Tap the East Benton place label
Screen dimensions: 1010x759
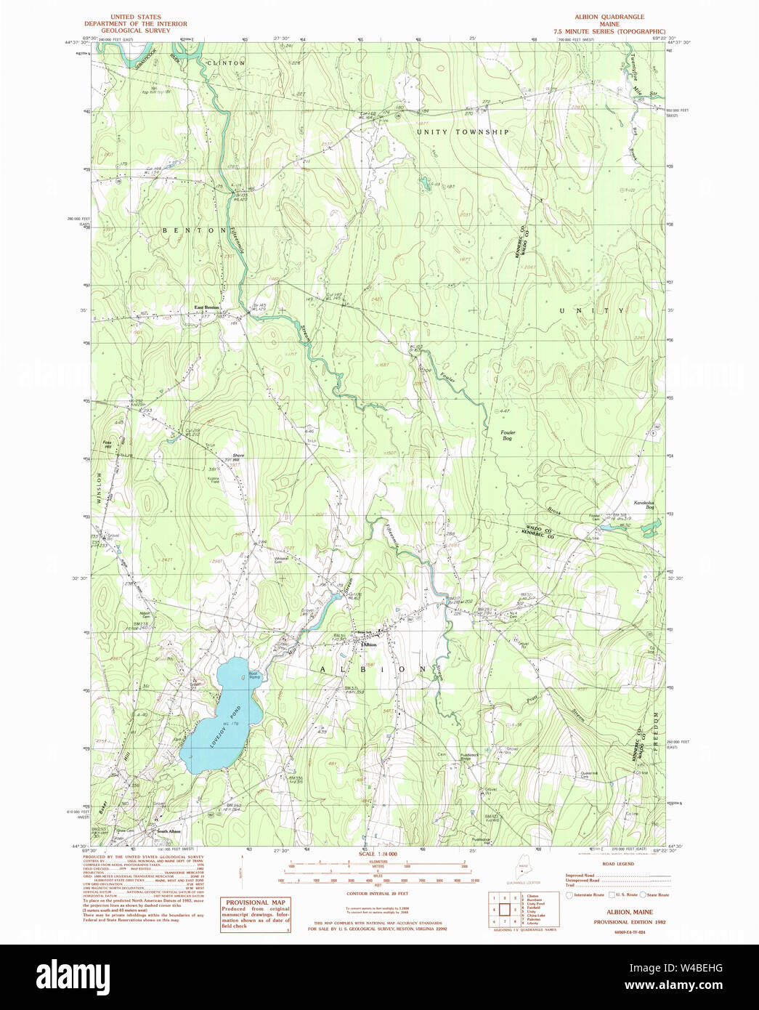coord(207,307)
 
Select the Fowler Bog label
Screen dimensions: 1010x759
coord(507,435)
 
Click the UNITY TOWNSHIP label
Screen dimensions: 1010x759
coord(463,132)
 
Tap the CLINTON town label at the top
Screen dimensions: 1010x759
coord(227,63)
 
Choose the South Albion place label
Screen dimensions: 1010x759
coord(169,831)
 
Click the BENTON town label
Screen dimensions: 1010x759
coord(194,230)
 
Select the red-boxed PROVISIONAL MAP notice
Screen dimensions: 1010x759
coord(256,914)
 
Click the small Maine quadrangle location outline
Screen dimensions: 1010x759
coord(523,868)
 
